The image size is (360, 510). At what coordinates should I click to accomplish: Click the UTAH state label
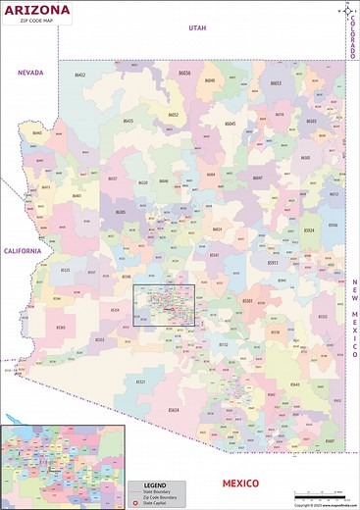(198, 29)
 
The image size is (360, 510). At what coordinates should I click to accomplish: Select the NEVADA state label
(26, 72)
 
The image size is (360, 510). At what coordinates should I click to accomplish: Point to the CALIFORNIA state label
(22, 251)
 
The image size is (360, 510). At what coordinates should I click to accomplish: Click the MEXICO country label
(239, 484)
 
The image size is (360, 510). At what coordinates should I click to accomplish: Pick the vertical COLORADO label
(353, 38)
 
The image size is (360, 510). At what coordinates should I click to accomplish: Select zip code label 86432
(80, 75)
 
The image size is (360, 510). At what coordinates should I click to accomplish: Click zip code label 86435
(129, 122)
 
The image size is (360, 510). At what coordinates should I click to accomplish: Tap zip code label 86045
(231, 124)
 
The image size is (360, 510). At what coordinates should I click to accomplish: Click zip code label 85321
(140, 382)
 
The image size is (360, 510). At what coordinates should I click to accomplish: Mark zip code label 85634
(174, 410)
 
